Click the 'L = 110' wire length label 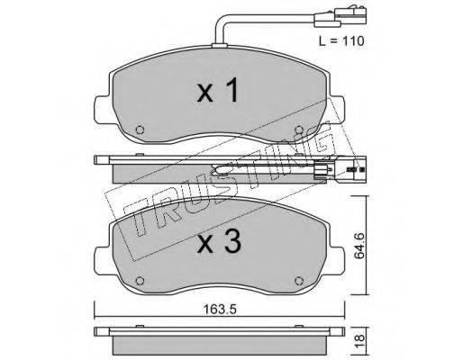[341, 40]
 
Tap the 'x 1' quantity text [218, 90]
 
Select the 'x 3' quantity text [219, 242]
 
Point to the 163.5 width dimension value [220, 309]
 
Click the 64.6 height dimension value [359, 246]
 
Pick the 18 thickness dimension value [359, 341]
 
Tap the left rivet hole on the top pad [140, 130]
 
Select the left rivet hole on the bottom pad [140, 281]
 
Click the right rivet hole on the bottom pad [299, 281]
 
